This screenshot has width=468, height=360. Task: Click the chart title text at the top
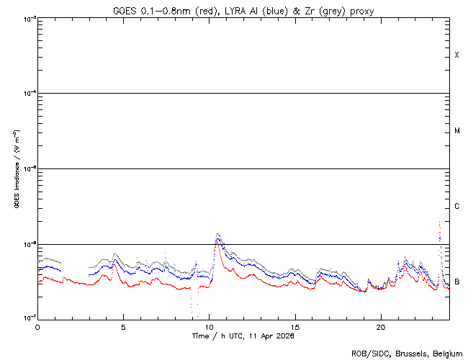pyautogui.click(x=243, y=10)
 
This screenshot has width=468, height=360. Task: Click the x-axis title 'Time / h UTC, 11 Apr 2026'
pyautogui.click(x=243, y=336)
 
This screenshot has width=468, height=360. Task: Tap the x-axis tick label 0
pyautogui.click(x=37, y=326)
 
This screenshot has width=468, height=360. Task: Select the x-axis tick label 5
pyautogui.click(x=123, y=326)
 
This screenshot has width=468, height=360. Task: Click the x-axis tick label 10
pyautogui.click(x=209, y=326)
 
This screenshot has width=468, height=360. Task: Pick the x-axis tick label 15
pyautogui.click(x=294, y=326)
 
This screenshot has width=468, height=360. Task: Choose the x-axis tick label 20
pyautogui.click(x=380, y=326)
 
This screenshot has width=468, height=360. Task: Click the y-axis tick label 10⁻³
pyautogui.click(x=28, y=19)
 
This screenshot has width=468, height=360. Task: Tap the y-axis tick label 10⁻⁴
pyautogui.click(x=28, y=94)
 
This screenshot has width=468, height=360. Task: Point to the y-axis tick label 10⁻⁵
pyautogui.click(x=28, y=169)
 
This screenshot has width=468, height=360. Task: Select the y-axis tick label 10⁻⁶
pyautogui.click(x=28, y=244)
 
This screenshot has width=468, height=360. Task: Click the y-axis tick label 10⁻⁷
pyautogui.click(x=28, y=318)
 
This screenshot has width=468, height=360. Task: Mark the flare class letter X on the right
pyautogui.click(x=457, y=55)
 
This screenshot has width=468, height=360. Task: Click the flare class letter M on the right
pyautogui.click(x=457, y=131)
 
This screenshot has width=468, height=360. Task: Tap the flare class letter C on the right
pyautogui.click(x=457, y=207)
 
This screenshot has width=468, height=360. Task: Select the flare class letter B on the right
pyautogui.click(x=457, y=282)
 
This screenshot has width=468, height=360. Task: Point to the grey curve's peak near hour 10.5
pyautogui.click(x=217, y=234)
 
